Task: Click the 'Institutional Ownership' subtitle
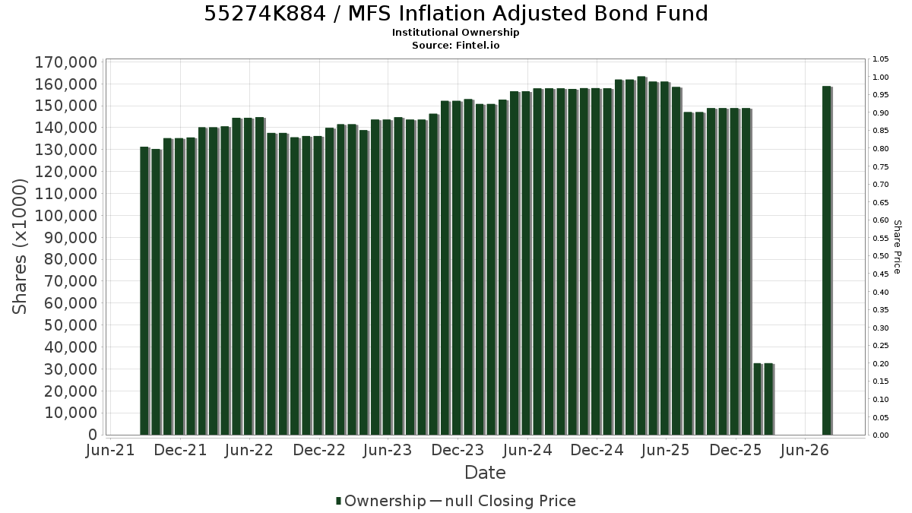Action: (455, 33)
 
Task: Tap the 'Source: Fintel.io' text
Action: (455, 45)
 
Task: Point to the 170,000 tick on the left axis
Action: (66, 62)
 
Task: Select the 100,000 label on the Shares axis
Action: (66, 216)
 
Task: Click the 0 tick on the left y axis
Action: (93, 435)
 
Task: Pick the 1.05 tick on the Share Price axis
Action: (881, 59)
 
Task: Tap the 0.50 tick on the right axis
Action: (881, 256)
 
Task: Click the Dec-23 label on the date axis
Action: (458, 450)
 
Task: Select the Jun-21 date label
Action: (110, 450)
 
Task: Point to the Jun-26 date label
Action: (805, 450)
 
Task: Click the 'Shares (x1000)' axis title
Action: (20, 247)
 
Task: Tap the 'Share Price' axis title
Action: (898, 247)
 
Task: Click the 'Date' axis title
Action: (486, 473)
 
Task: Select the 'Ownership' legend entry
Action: (381, 501)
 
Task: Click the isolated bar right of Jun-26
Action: (827, 261)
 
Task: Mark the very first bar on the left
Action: (144, 290)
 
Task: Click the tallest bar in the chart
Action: (641, 255)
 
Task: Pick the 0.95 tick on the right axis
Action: (881, 95)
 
